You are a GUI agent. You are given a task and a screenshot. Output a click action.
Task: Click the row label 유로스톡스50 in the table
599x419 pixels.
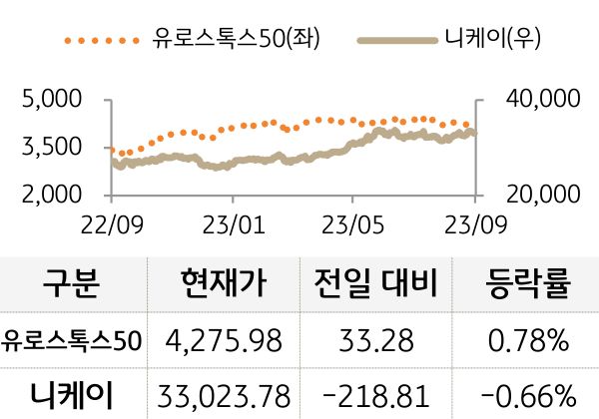(x=72, y=341)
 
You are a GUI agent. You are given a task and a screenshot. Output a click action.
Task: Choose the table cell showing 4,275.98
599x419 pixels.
(x=225, y=341)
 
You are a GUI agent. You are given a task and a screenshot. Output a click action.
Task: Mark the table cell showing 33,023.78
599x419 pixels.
(x=225, y=392)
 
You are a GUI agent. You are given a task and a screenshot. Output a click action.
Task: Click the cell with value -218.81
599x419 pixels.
(x=376, y=392)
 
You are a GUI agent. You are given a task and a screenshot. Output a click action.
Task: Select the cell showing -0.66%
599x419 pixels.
(x=528, y=392)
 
